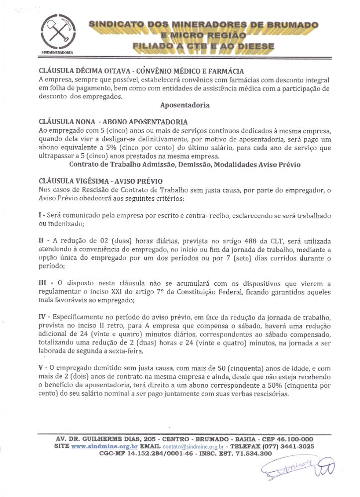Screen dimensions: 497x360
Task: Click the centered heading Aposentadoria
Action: tap(185, 105)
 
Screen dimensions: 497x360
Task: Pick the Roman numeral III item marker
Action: tap(43, 282)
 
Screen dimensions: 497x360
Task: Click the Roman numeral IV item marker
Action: tap(43, 317)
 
